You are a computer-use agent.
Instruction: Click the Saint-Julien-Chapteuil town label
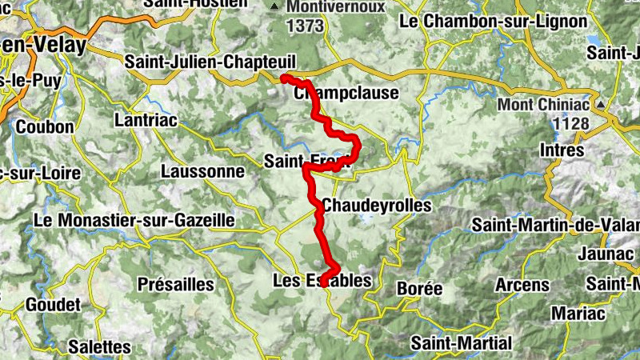[211, 62]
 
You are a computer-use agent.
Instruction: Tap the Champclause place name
[346, 94]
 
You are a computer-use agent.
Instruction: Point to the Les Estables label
[322, 281]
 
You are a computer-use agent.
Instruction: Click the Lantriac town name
[147, 119]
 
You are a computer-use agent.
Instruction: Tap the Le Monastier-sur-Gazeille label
[134, 219]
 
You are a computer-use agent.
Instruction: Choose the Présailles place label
[176, 284]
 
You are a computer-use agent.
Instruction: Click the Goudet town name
[54, 305]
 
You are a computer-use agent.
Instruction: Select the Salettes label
[99, 346]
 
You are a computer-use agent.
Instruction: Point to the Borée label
[419, 288]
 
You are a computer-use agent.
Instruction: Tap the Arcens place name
[522, 285]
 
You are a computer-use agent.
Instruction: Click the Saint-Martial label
[461, 343]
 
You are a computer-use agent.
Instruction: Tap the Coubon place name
[45, 126]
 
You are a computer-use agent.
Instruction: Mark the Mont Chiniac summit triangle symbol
[599, 105]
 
